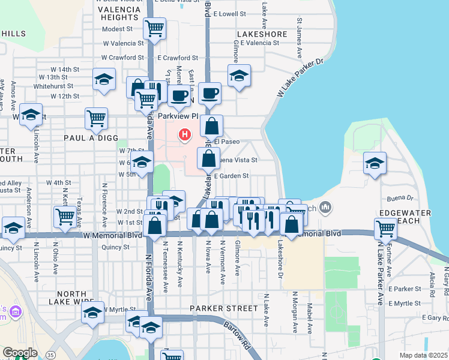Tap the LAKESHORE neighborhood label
(262, 34)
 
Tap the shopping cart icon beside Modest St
(155, 28)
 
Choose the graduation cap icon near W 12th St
(104, 79)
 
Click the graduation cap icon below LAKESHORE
(239, 76)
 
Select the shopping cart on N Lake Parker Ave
(385, 228)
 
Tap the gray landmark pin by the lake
(325, 208)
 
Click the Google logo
(20, 353)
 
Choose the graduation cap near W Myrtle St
(92, 312)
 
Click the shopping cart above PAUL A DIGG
(96, 118)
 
